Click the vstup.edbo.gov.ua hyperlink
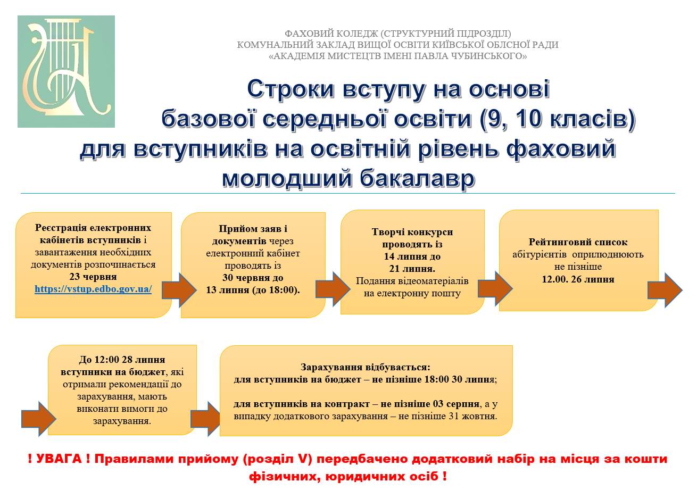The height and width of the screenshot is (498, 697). [93, 289]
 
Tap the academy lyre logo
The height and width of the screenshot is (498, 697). [67, 72]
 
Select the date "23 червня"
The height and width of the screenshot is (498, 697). [93, 277]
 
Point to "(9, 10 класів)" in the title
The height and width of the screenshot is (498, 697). [557, 120]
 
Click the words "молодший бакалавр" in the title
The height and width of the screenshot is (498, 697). [348, 179]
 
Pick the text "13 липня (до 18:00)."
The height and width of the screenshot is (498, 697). [253, 290]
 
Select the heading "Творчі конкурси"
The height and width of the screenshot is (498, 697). [412, 232]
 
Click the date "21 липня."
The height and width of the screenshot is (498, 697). [412, 269]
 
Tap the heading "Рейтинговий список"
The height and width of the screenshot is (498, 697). [578, 242]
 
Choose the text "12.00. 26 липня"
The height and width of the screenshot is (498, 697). [578, 279]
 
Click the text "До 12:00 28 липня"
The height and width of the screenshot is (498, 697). [122, 360]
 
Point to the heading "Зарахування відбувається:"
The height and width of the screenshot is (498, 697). [366, 367]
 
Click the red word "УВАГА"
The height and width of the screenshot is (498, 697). [59, 459]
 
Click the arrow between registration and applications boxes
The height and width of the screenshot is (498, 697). [179, 289]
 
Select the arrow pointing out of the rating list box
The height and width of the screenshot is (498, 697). [665, 290]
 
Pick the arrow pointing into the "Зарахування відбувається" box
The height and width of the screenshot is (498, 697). [205, 419]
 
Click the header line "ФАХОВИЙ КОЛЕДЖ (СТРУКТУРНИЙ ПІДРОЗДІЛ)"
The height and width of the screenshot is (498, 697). [397, 34]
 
